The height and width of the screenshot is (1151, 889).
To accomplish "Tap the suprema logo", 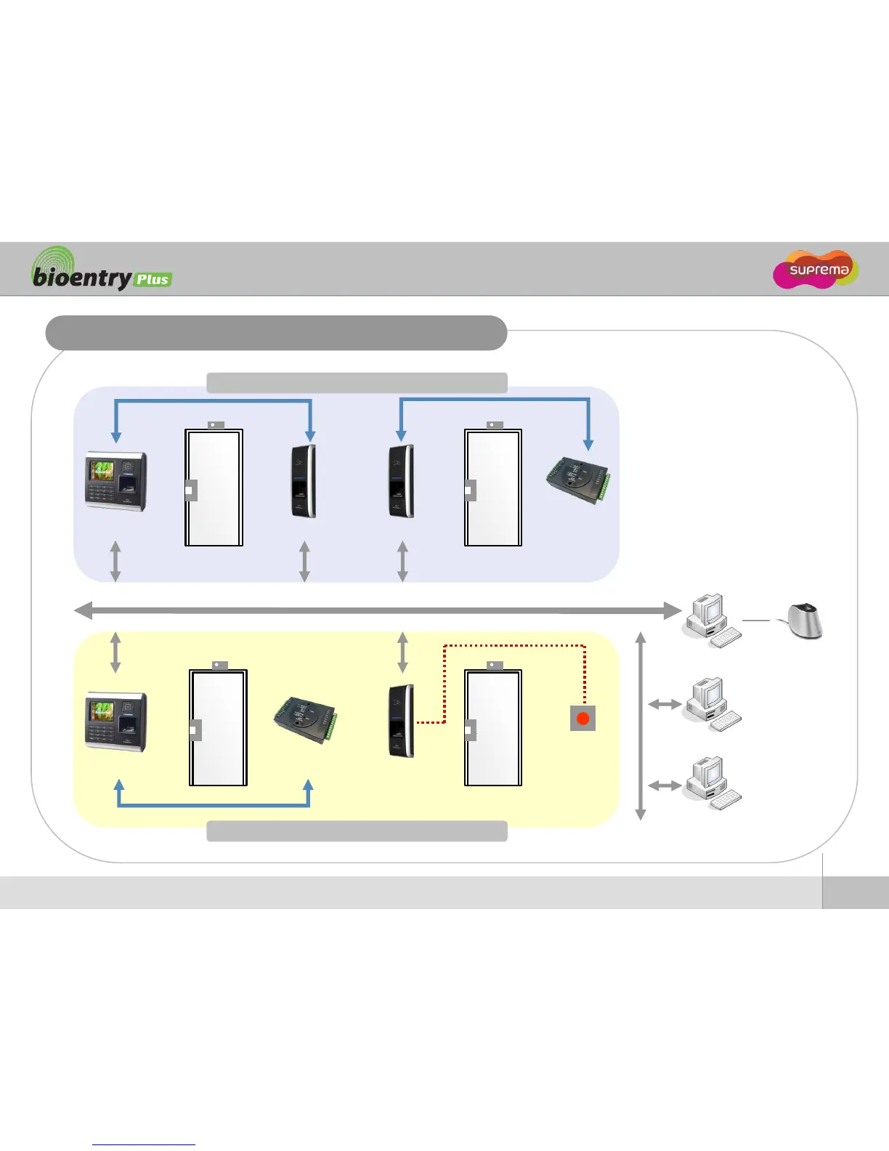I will pos(816,270).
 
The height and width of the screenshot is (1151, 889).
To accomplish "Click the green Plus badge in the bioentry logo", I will pos(153,280).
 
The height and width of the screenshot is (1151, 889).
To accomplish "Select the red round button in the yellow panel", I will pos(582,719).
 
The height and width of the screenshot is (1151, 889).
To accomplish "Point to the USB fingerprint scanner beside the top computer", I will pos(805,621).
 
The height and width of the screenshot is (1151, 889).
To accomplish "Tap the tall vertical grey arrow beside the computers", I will pos(641,727).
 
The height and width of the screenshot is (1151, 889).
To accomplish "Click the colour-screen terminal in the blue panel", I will pos(116,481).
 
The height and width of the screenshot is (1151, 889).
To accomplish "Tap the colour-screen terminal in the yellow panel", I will pos(116,722).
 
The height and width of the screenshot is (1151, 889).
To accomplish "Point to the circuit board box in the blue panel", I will pos(578,479).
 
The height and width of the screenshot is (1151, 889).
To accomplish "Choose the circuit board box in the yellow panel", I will pos(306,719).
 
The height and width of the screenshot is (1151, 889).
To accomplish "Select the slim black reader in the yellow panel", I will pos(402,720).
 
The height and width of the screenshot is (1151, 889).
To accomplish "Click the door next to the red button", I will pos(493,727).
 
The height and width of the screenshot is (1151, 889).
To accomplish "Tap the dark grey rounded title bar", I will pos(276,333).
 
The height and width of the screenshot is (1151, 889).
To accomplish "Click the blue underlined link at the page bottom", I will pos(144,1144).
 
